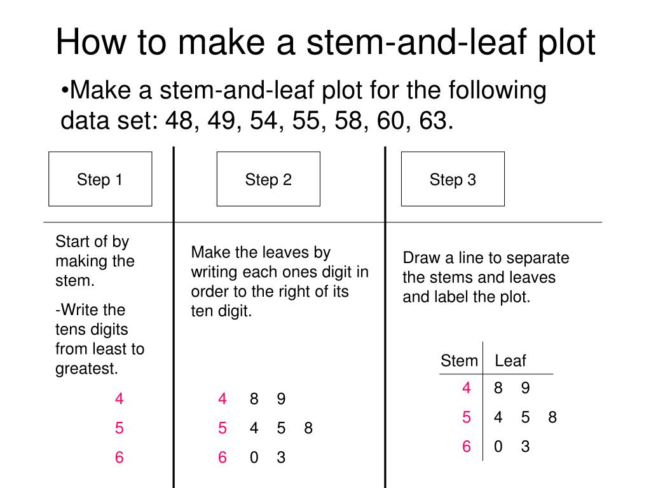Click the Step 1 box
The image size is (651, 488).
100,179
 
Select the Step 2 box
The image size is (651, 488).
268,179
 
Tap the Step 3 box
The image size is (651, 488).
453,179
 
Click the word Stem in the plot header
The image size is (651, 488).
458,361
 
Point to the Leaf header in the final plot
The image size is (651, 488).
511,361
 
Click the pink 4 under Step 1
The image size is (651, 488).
120,399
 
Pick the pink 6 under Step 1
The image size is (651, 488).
120,457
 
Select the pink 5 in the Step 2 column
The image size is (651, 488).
222,428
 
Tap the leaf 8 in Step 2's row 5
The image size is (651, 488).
308,428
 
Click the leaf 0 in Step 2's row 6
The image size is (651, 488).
254,457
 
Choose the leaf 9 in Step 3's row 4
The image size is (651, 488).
525,388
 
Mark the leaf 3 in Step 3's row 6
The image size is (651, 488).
525,447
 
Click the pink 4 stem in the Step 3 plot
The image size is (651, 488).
467,388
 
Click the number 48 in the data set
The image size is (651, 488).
179,119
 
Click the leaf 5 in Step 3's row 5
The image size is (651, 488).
525,417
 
